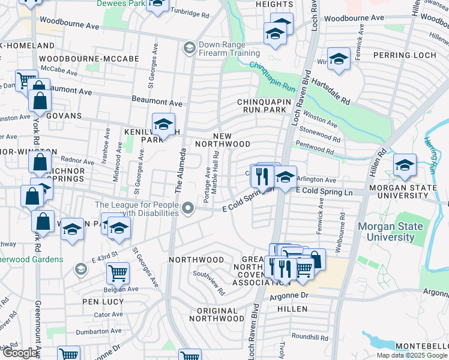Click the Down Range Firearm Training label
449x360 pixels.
(x=230, y=48)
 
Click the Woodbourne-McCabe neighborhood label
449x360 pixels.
(x=89, y=59)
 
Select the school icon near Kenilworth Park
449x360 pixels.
(x=163, y=125)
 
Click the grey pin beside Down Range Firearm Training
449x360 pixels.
(x=190, y=48)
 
